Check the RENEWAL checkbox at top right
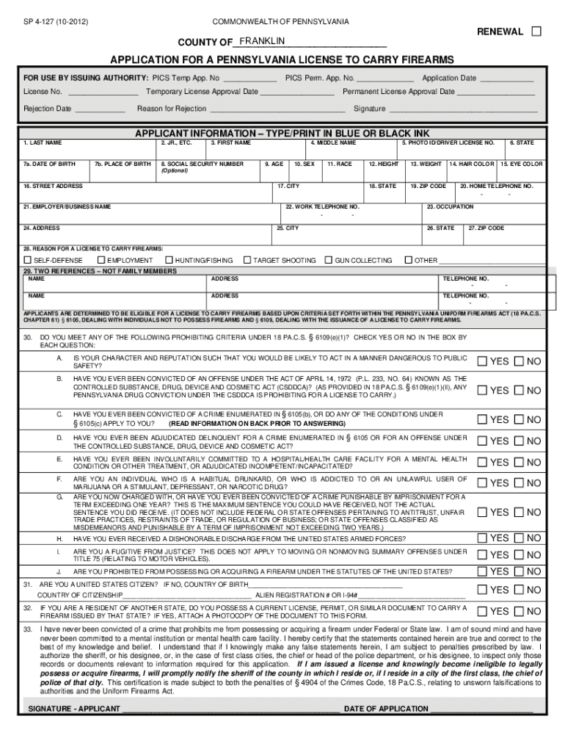coord(536,32)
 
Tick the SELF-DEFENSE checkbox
coord(28,260)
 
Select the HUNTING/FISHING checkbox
coord(169,260)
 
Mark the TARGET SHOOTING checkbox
coord(248,260)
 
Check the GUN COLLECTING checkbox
coord(329,260)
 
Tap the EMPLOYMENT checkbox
coord(101,260)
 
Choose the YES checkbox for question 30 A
coord(482,361)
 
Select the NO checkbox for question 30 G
coord(519,512)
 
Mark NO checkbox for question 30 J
coord(519,571)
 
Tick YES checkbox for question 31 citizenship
coord(482,590)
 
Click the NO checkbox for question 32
coord(519,611)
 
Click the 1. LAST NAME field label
coord(43,142)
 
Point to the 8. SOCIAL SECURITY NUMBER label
coord(203,164)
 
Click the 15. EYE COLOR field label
coord(522,164)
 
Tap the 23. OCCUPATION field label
coord(451,207)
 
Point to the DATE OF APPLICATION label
coord(386,709)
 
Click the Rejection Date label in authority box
coord(47,109)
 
